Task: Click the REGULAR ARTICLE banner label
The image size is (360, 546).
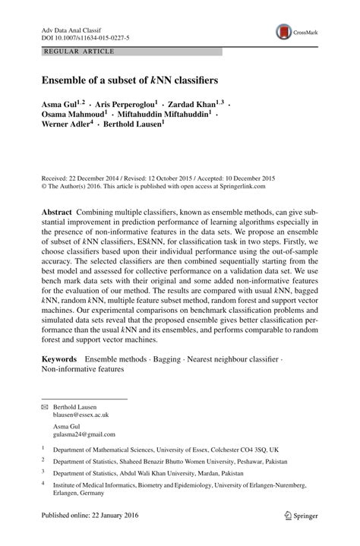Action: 79,52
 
